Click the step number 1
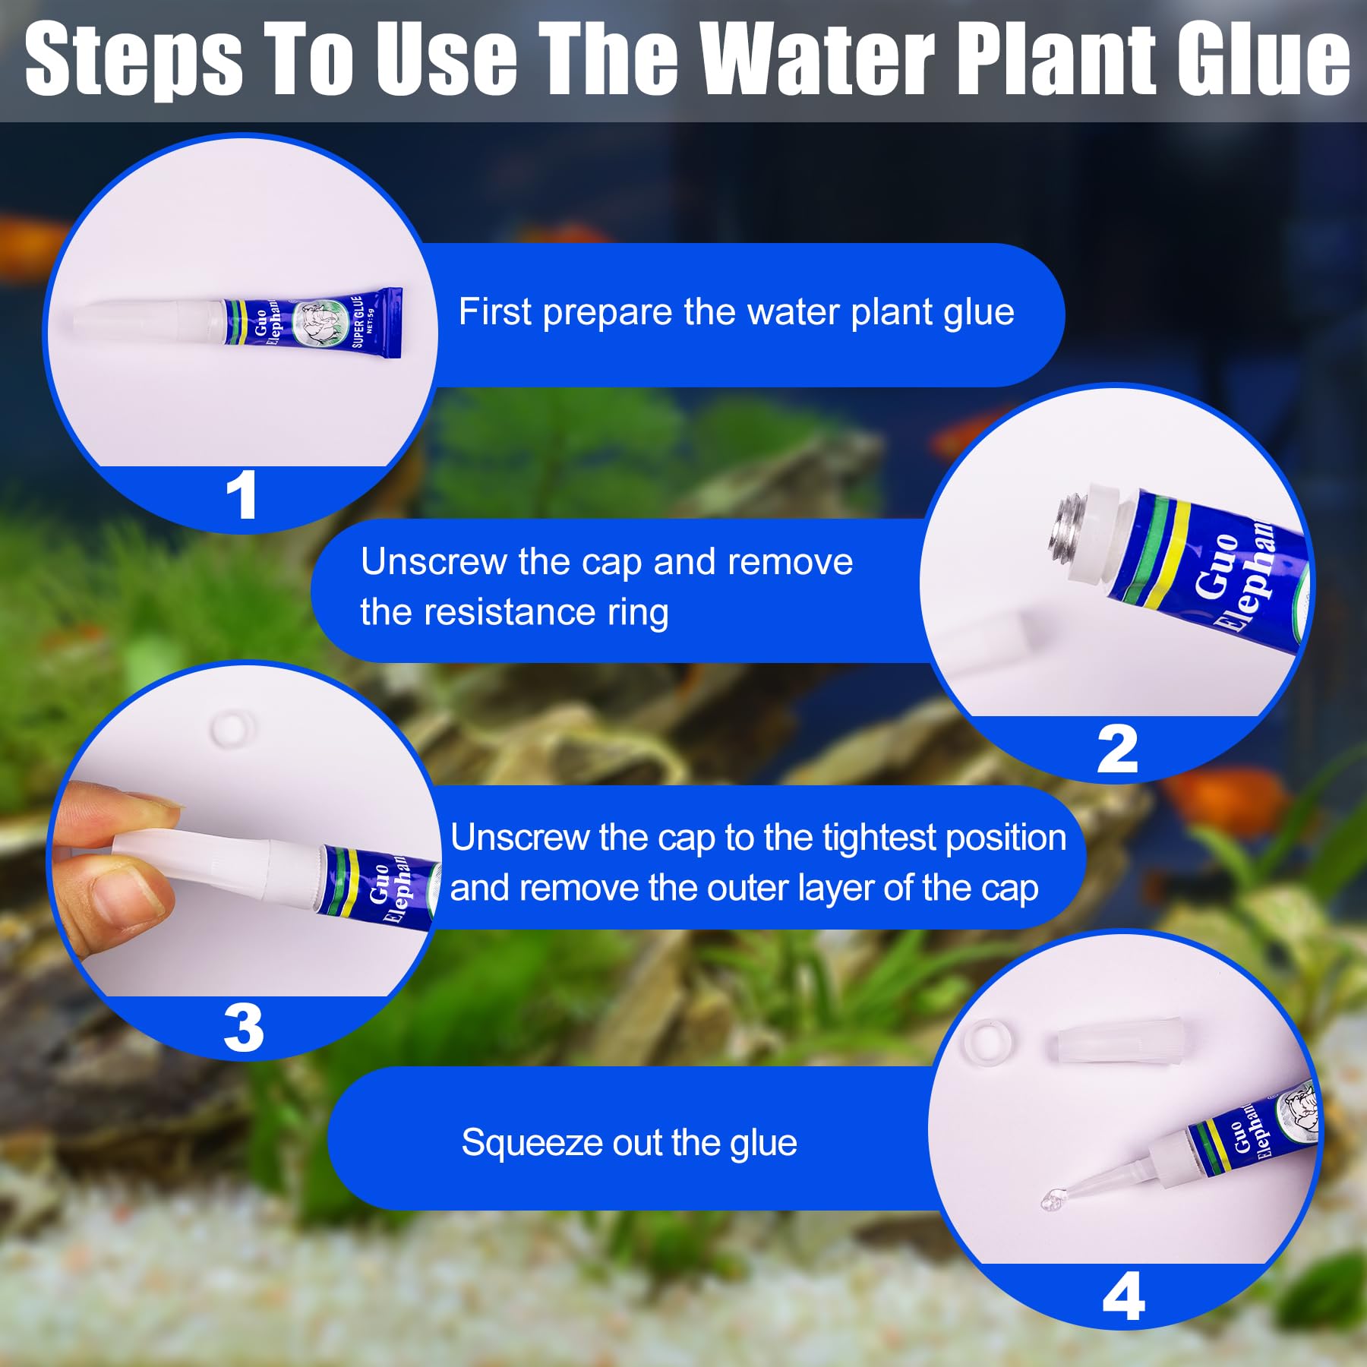point(242,496)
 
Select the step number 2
point(1117,750)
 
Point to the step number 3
point(243,1029)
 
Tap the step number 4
point(1123,1297)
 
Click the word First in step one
point(494,312)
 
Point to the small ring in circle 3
point(232,728)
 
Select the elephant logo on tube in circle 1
point(313,324)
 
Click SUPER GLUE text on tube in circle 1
point(358,322)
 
